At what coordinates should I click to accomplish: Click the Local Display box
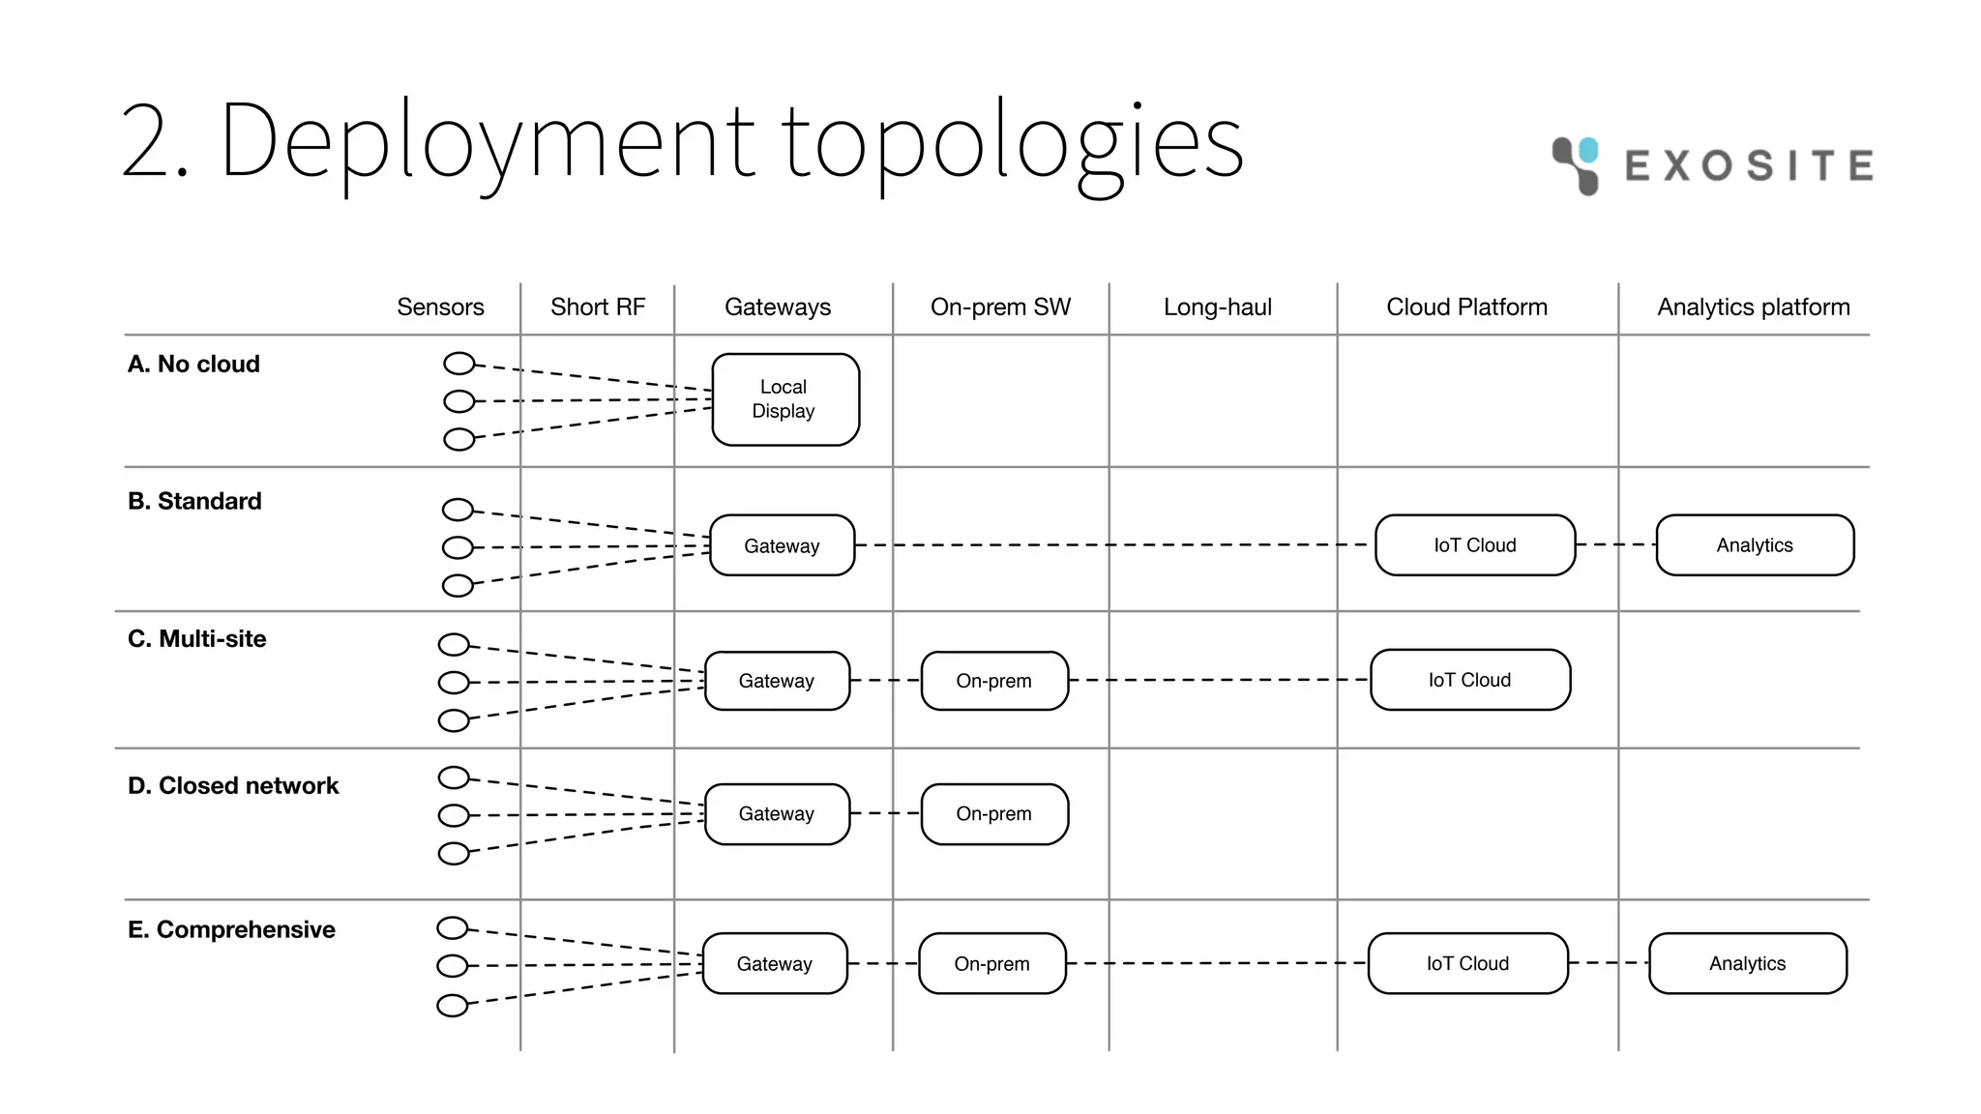784,399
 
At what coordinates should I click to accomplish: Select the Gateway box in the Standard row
782,545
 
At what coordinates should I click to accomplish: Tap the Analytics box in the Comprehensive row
1747,963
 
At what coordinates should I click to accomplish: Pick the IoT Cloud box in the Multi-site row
1469,680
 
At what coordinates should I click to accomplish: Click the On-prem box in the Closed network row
993,814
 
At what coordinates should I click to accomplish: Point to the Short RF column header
597,308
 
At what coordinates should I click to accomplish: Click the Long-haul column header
1217,308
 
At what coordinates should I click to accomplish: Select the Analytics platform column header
1753,308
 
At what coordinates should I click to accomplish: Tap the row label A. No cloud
193,365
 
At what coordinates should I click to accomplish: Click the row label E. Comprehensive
231,929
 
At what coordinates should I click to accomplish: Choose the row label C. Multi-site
196,639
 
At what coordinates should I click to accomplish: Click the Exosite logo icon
1576,164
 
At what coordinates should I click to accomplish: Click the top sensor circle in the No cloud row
459,364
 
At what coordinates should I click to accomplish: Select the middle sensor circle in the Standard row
458,547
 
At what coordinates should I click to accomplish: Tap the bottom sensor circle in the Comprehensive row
452,1006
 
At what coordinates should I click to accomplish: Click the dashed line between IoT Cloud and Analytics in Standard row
1615,544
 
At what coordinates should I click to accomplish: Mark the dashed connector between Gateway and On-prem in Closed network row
885,813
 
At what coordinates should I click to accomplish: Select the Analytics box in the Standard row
1754,545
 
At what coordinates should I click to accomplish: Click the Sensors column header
440,308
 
